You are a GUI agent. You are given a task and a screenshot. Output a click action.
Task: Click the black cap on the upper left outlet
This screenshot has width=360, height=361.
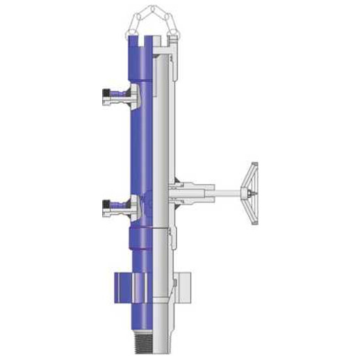pos(106,93)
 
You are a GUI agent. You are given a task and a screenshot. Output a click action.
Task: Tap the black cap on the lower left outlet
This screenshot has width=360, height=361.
pos(106,204)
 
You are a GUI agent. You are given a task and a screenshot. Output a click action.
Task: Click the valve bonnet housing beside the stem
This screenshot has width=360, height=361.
pos(195,188)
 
